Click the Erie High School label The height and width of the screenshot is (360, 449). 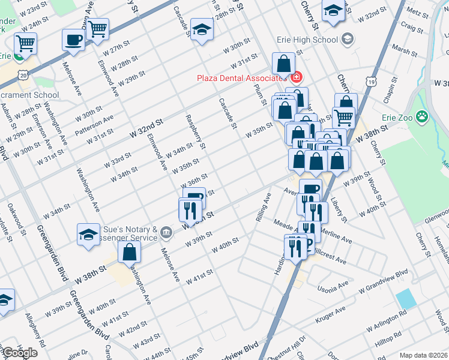[307, 40]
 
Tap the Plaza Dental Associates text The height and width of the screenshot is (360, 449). [243, 78]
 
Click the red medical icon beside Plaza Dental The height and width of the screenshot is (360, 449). [295, 77]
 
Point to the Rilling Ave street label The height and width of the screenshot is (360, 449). [261, 207]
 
